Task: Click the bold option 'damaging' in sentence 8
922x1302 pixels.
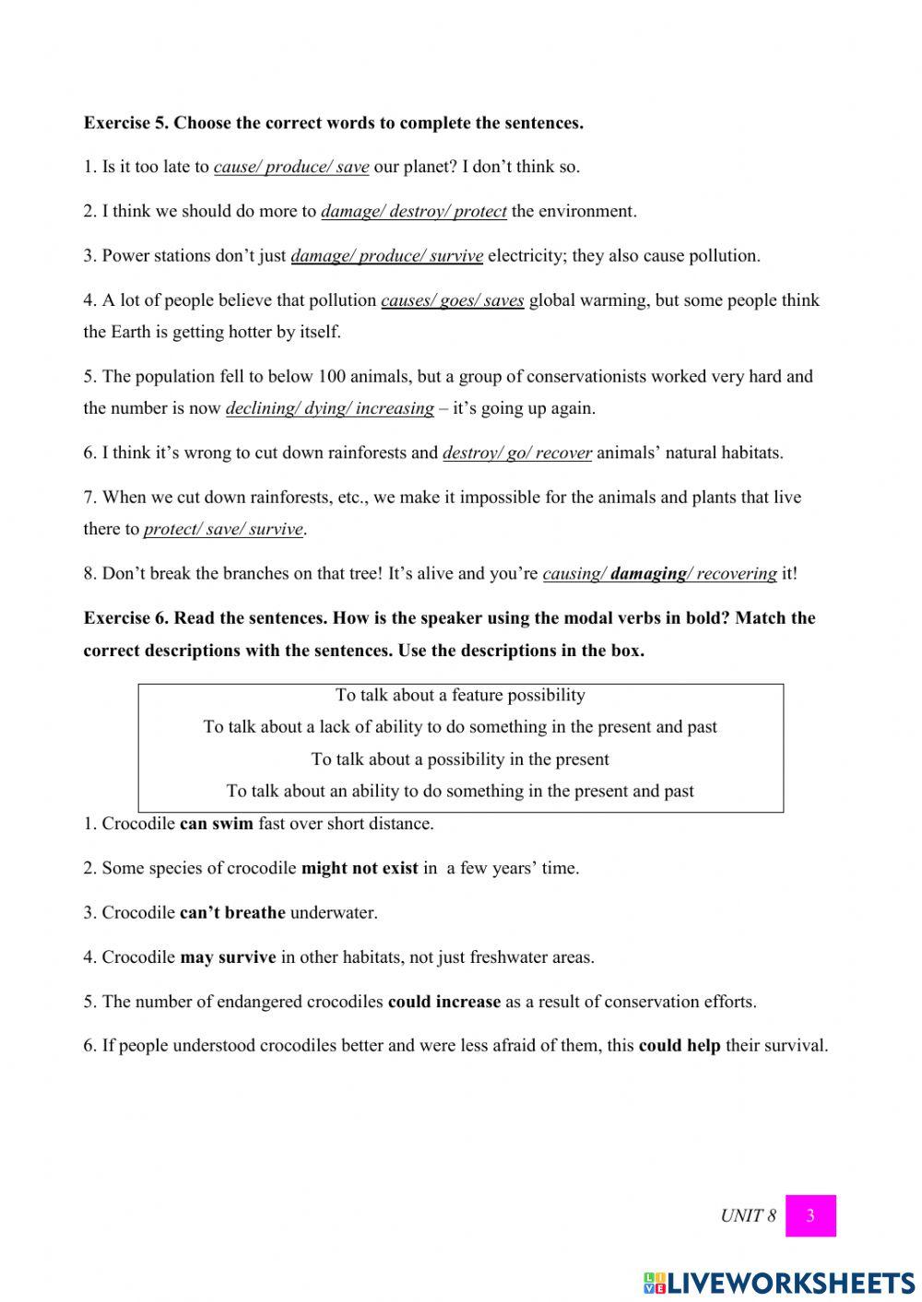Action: click(x=647, y=574)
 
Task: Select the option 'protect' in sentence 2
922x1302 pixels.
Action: click(x=480, y=212)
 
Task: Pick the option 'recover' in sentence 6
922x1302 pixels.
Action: click(x=563, y=453)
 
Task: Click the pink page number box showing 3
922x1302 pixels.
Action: click(x=810, y=1215)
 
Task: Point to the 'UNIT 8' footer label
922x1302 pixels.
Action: click(x=748, y=1216)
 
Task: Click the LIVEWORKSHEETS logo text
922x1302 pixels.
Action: click(x=790, y=1283)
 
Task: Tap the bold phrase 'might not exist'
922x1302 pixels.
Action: click(x=360, y=868)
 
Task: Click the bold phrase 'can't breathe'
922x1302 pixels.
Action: click(x=232, y=913)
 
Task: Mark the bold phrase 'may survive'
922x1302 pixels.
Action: click(x=228, y=957)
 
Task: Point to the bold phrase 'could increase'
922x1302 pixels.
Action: click(x=444, y=1002)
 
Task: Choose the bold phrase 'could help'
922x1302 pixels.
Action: click(x=680, y=1046)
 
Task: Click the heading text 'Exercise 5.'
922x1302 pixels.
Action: click(x=126, y=123)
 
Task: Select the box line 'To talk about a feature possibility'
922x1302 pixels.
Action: click(x=460, y=696)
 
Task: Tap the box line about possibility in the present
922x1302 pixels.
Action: click(x=460, y=759)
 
